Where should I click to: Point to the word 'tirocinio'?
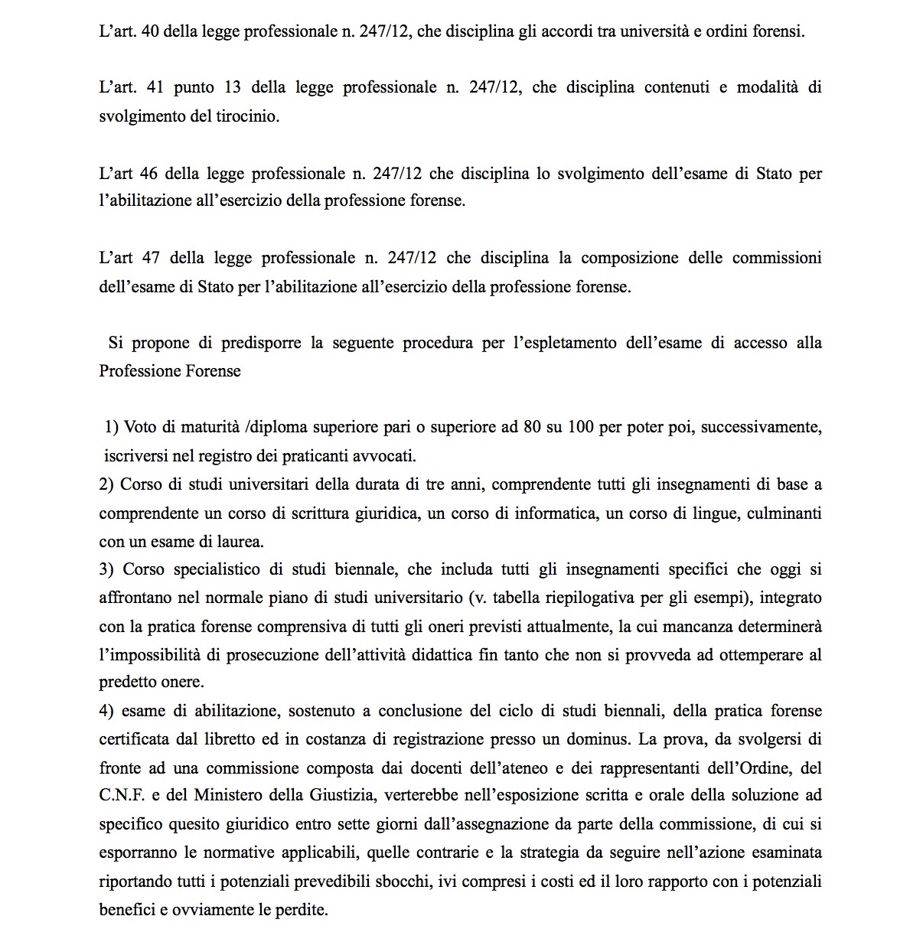[247, 117]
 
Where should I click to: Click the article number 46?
[149, 173]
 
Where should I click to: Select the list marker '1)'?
[112, 427]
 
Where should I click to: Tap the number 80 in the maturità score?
[532, 427]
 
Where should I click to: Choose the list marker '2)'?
[106, 484]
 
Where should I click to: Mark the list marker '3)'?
[106, 569]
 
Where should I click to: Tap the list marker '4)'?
[106, 711]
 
